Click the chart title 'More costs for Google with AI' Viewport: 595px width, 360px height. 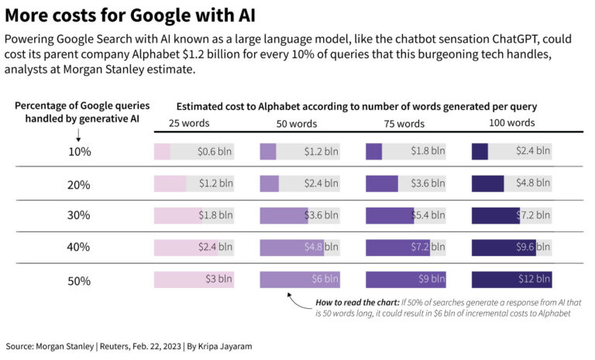pyautogui.click(x=130, y=15)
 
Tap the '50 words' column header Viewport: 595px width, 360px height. pyautogui.click(x=297, y=124)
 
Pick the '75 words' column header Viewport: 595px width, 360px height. pyautogui.click(x=404, y=124)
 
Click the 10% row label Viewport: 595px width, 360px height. pyautogui.click(x=79, y=152)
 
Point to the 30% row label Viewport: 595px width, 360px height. pyautogui.click(x=79, y=216)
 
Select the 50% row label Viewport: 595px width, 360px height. pyautogui.click(x=79, y=281)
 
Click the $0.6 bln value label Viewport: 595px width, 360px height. pyautogui.click(x=215, y=152)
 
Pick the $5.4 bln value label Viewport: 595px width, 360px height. pyautogui.click(x=428, y=216)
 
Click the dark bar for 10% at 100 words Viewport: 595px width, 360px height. pyautogui.click(x=480, y=152)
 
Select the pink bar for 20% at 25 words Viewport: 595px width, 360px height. pyautogui.click(x=170, y=183)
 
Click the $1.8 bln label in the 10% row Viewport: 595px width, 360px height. pyautogui.click(x=428, y=152)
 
